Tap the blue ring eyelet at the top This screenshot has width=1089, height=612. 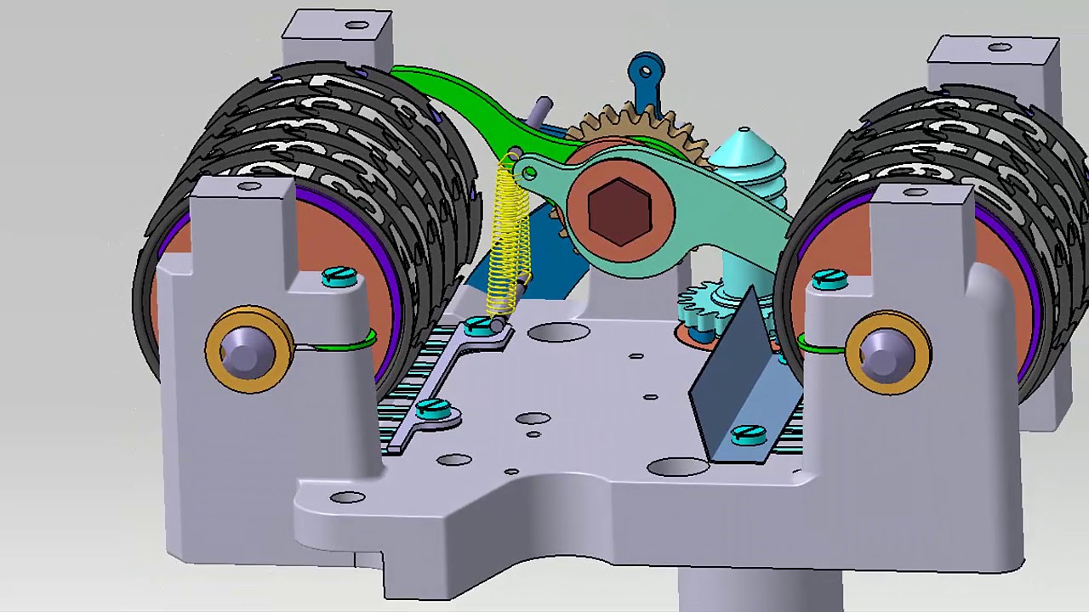(x=647, y=67)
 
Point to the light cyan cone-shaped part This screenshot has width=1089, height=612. (x=745, y=153)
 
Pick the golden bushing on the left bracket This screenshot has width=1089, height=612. (x=248, y=348)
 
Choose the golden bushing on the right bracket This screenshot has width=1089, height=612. (x=887, y=349)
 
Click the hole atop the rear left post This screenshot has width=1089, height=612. (x=356, y=25)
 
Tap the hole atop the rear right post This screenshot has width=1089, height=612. (x=1000, y=48)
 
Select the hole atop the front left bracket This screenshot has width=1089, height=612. (x=249, y=186)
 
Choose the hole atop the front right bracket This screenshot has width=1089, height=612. (x=915, y=193)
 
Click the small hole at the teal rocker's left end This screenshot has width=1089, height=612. (x=529, y=174)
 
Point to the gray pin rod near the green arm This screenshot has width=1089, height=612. (x=539, y=111)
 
